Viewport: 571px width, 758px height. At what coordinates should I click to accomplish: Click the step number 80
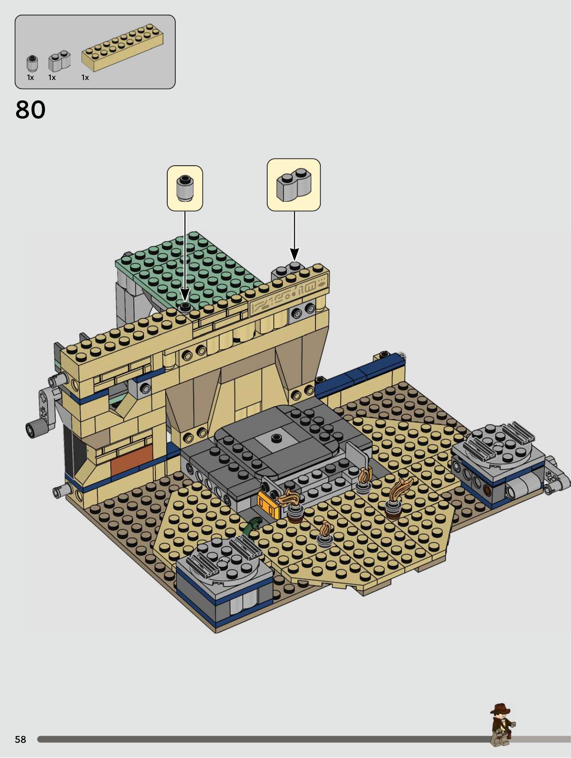[30, 110]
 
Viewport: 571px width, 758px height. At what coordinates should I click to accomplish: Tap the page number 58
[20, 740]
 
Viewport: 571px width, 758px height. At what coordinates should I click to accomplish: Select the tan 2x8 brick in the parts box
[122, 47]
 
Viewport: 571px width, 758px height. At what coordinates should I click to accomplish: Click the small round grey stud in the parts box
[32, 63]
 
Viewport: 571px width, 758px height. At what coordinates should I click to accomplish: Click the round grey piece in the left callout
[185, 188]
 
